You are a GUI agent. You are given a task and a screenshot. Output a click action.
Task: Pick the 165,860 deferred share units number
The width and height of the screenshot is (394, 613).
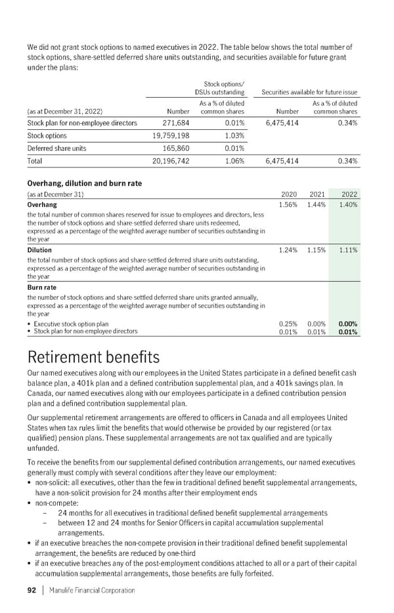coord(173,148)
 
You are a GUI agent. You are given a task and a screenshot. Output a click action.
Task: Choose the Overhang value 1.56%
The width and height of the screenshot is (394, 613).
coord(288,205)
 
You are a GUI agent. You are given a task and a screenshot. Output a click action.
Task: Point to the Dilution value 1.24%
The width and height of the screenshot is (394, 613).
coord(288,250)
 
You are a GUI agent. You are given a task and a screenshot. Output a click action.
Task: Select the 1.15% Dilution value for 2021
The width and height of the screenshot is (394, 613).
coord(317,250)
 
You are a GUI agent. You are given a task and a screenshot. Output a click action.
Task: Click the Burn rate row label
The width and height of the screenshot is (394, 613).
coord(42,287)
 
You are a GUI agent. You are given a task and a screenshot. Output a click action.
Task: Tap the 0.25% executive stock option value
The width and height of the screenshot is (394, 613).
coord(289,324)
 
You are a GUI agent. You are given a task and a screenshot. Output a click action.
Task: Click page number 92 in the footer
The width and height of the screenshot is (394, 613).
coord(31,590)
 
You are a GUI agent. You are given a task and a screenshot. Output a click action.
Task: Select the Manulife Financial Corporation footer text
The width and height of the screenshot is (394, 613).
coord(89,590)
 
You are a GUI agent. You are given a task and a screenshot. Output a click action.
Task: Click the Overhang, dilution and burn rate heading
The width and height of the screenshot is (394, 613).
coord(85,183)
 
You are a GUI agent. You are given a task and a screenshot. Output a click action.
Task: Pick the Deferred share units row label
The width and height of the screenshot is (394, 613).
coord(56,148)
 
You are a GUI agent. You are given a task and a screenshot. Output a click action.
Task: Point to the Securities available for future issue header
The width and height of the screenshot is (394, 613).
coord(309,93)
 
